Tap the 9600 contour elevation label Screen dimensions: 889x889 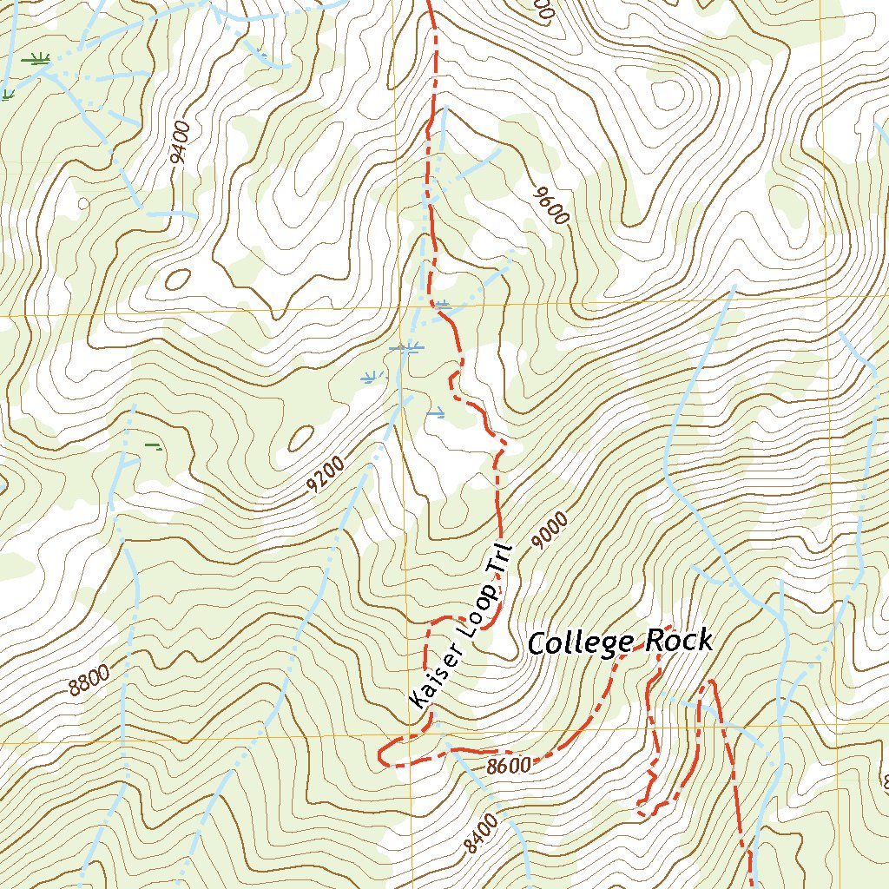[551, 205]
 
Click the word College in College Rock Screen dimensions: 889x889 [582, 643]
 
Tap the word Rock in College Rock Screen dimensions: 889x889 [682, 642]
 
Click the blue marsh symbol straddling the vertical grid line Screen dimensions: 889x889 [405, 348]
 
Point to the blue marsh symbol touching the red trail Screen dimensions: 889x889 [442, 305]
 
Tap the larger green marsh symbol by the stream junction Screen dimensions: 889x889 [36, 59]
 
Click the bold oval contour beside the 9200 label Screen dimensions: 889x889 [301, 438]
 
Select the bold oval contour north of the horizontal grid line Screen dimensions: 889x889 [178, 280]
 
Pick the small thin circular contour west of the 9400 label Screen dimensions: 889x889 [83, 204]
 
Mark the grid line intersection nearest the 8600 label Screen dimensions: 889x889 [408, 742]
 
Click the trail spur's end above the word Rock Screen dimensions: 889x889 [669, 626]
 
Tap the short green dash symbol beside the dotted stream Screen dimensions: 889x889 [154, 446]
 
